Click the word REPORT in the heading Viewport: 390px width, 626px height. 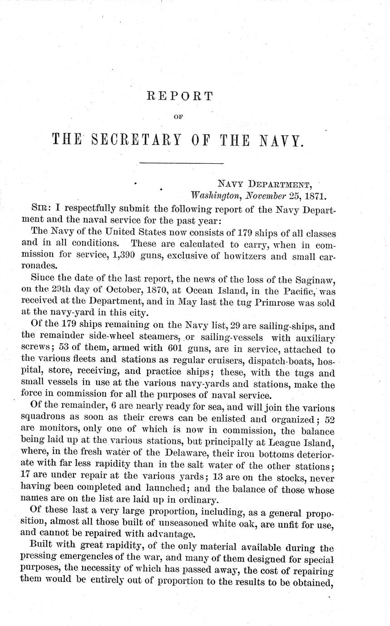pos(180,96)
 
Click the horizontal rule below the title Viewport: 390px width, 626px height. pos(181,163)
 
